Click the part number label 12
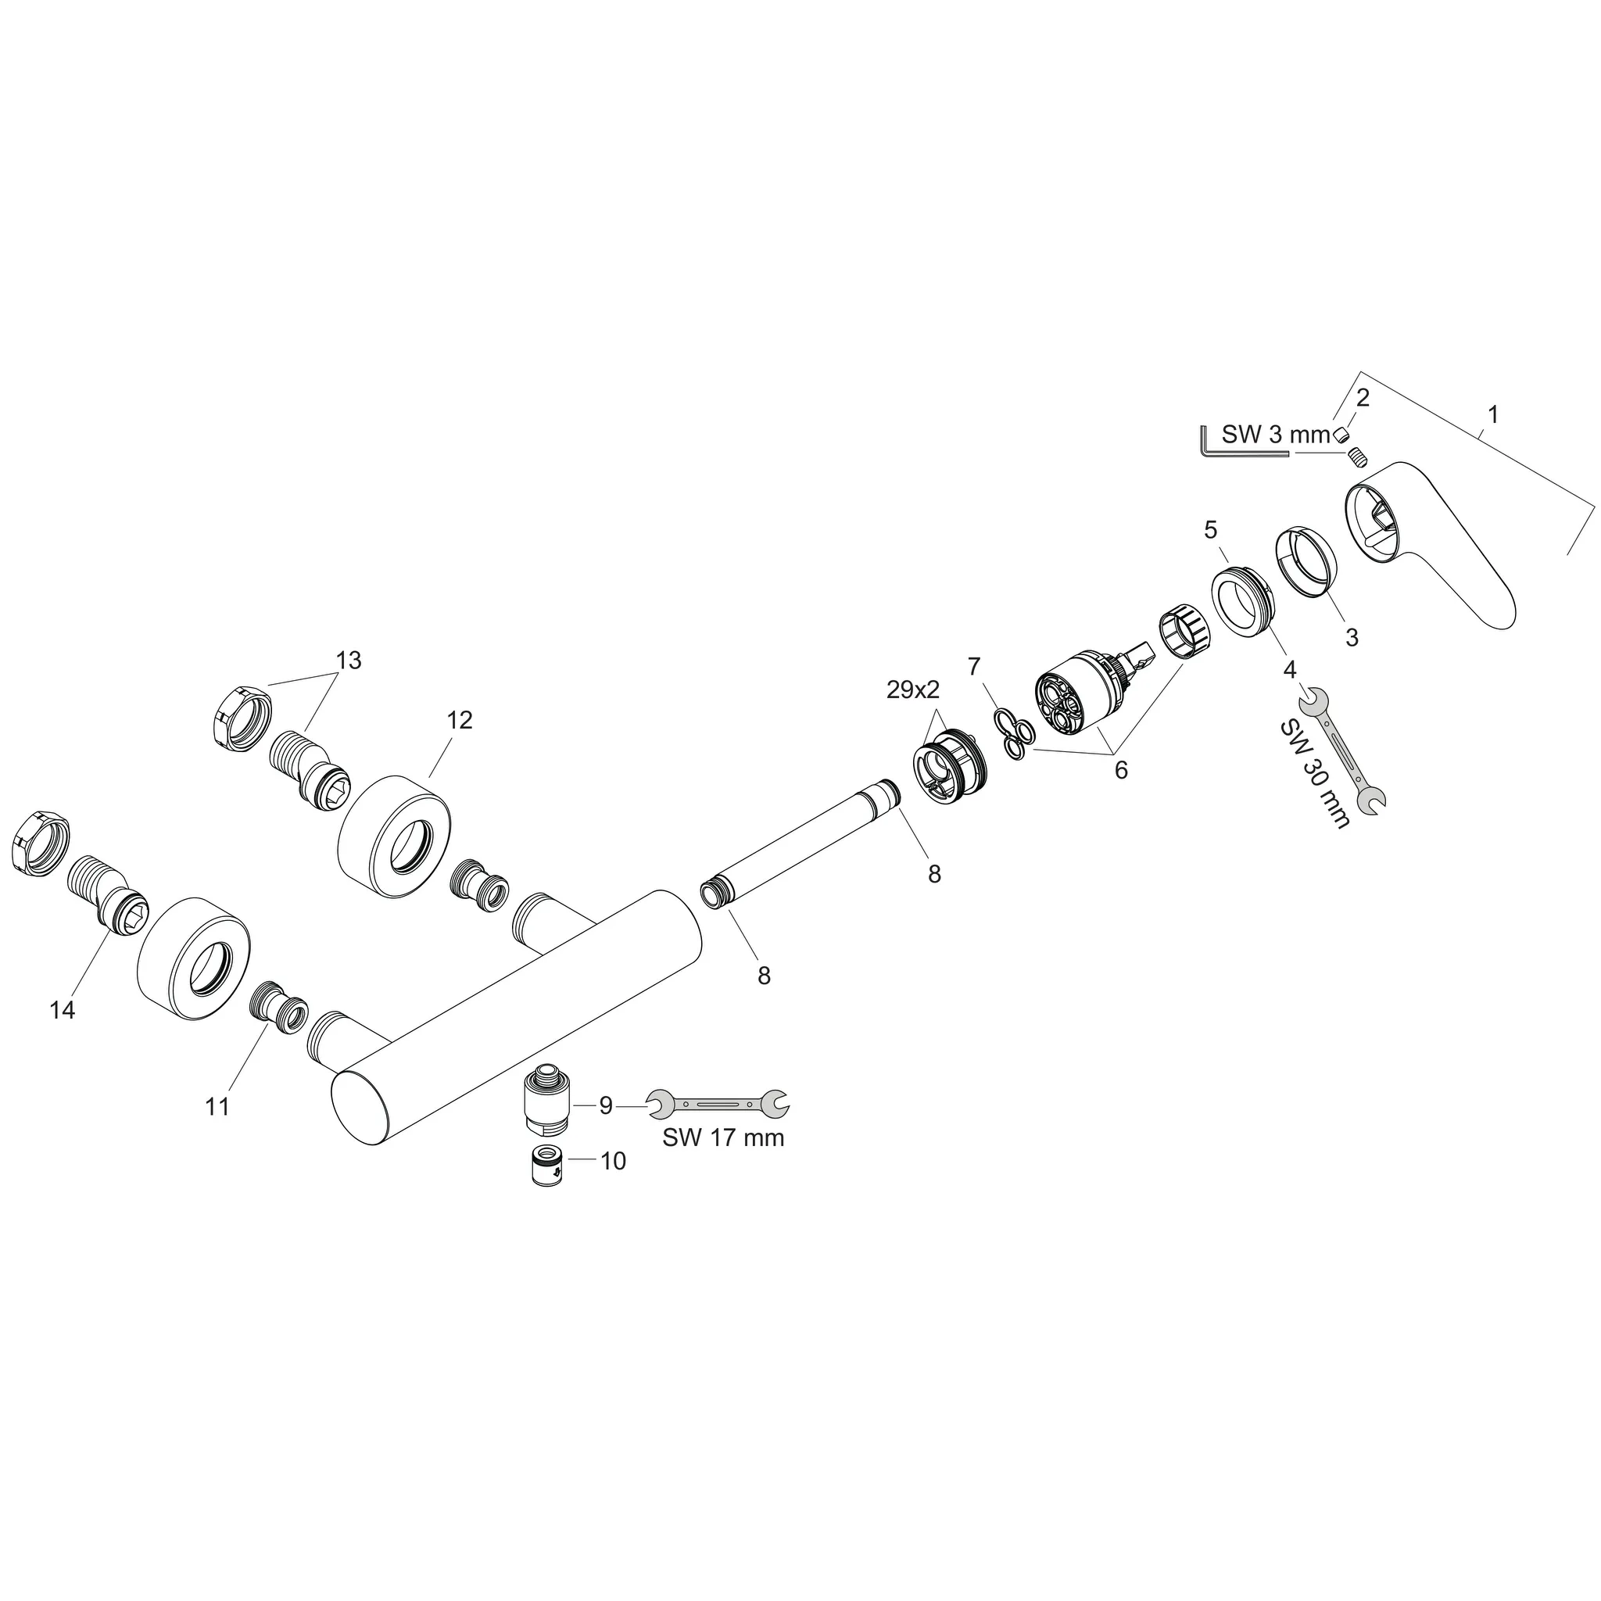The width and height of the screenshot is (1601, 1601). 459,720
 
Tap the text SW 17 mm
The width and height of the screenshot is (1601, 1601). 722,1137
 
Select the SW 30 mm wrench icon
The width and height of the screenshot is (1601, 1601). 1343,748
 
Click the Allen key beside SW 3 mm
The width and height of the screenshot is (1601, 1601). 1234,448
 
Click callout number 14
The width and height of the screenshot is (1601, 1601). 63,1010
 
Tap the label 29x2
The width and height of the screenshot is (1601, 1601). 913,689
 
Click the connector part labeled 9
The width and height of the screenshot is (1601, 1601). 549,1104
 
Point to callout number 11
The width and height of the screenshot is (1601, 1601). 217,1106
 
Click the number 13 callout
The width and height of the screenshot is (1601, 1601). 349,661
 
